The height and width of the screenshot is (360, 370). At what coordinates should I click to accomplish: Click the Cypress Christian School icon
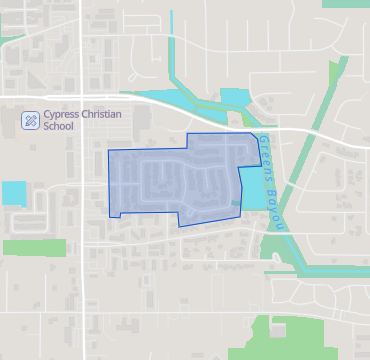[31, 120]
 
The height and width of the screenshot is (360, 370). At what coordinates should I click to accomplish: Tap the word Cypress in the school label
[64, 115]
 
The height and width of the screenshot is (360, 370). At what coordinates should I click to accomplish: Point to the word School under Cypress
[60, 128]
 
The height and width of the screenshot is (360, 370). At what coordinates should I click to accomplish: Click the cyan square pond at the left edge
[14, 192]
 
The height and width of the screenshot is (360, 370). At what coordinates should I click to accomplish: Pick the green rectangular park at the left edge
[33, 247]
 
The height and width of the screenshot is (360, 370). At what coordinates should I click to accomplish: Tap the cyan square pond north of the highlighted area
[234, 98]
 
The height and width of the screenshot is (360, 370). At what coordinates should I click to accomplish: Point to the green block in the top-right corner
[345, 3]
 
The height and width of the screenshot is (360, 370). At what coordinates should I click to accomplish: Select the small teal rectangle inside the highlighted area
[236, 203]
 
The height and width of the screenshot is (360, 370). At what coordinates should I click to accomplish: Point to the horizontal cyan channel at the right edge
[335, 271]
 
